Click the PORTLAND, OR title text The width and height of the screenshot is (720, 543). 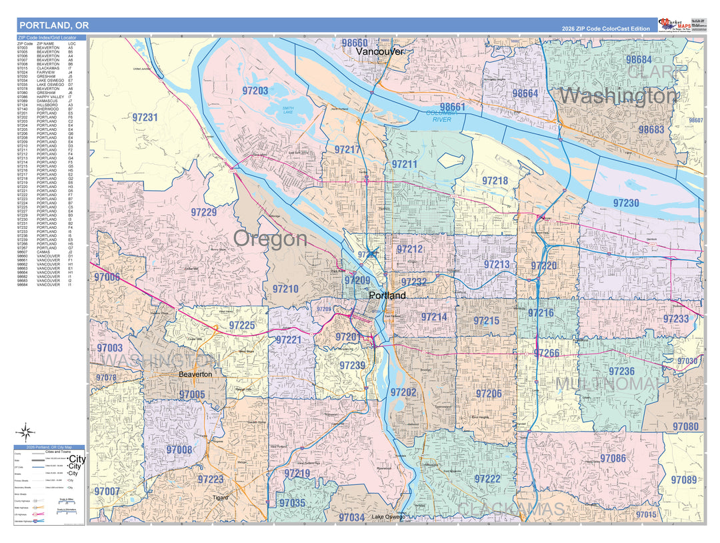(x=54, y=25)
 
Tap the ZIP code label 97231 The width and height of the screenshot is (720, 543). (x=145, y=117)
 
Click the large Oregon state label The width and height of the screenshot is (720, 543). (x=270, y=239)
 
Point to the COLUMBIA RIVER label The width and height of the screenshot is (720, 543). (x=442, y=116)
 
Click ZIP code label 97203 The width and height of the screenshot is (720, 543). (x=255, y=91)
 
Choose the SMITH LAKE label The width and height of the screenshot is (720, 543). (x=287, y=110)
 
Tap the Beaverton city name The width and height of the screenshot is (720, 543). (x=195, y=375)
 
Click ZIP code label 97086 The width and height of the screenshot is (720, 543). (x=613, y=458)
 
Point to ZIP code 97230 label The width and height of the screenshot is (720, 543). (x=626, y=203)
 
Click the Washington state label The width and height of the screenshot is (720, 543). (x=617, y=96)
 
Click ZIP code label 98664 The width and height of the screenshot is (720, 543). (x=525, y=93)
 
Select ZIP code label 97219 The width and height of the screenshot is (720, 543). (x=297, y=474)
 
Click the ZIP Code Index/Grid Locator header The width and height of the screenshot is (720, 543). (x=47, y=39)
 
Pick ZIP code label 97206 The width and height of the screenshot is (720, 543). (x=489, y=394)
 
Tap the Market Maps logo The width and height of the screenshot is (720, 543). (x=675, y=25)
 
